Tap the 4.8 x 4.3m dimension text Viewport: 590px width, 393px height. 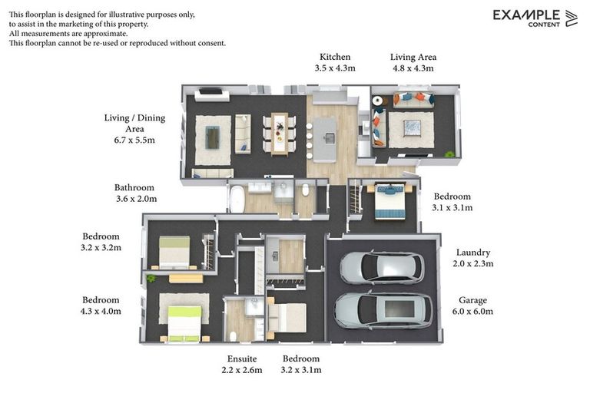coord(413,68)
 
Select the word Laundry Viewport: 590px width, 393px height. coord(472,253)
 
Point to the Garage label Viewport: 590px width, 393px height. coord(472,300)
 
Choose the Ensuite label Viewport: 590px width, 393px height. coord(242,358)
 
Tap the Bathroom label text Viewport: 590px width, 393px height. coord(134,187)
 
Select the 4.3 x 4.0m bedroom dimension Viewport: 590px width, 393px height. coord(101,312)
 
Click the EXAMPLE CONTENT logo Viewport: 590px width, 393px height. coord(535,18)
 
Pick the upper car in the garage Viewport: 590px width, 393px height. coord(381,268)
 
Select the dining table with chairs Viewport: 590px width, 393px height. coord(280,133)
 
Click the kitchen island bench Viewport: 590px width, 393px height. coord(325,139)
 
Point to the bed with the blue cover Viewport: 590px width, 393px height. coord(389,201)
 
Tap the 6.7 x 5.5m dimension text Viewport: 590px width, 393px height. coord(129,140)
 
